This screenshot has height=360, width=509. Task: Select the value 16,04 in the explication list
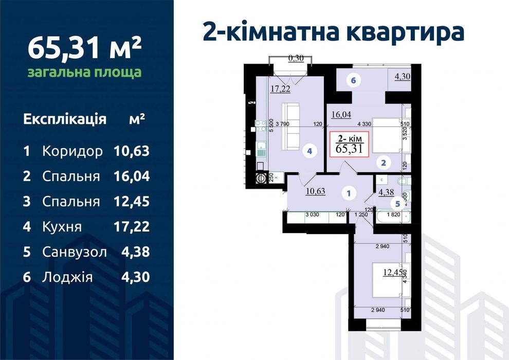tap(131, 177)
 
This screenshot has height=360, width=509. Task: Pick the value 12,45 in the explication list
tap(131, 202)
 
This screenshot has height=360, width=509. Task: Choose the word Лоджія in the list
tap(67, 277)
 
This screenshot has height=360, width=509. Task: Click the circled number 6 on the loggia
tap(353, 80)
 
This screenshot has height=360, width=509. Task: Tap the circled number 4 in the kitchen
tap(309, 151)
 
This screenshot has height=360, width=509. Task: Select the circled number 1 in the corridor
tap(349, 194)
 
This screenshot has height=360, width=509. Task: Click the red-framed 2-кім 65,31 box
tap(349, 145)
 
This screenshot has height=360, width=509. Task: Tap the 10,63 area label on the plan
tap(315, 192)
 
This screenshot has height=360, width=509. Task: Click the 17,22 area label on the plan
tap(281, 88)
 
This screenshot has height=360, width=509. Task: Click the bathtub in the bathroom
tap(393, 218)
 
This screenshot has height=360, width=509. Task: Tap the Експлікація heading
tap(65, 120)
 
